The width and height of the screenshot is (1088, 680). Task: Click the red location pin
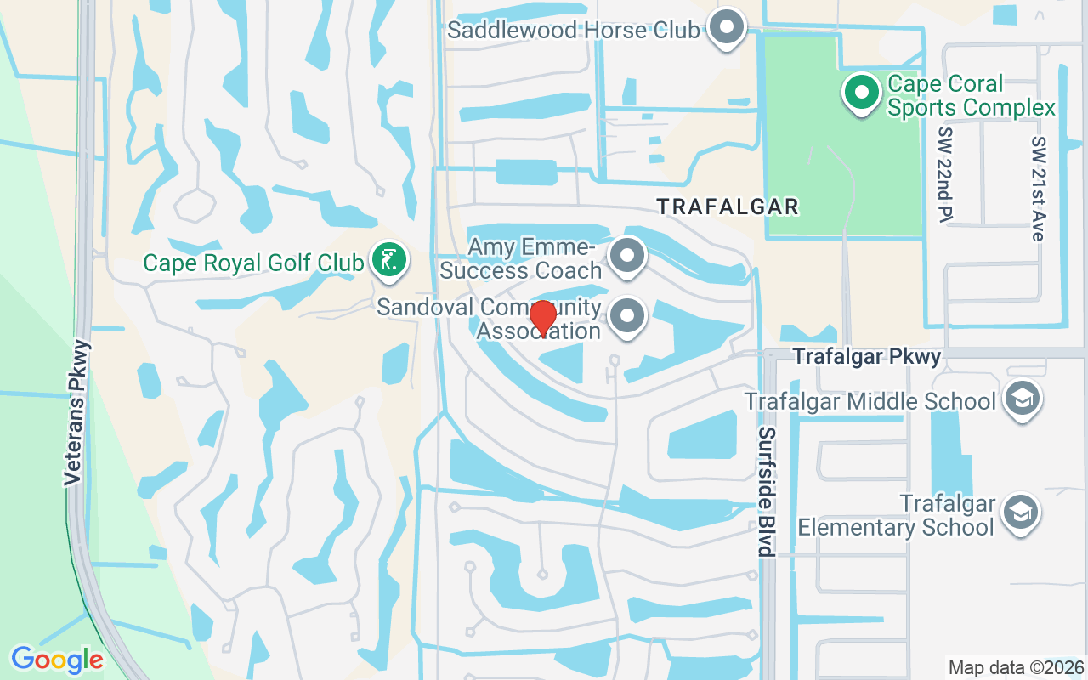[x=542, y=318]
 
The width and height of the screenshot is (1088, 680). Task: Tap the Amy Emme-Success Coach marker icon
[x=628, y=255]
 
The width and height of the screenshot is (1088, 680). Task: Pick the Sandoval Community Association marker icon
[x=628, y=317]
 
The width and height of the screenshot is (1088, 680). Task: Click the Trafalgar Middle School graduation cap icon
[x=1021, y=399]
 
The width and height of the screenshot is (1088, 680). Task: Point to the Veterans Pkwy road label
[x=76, y=412]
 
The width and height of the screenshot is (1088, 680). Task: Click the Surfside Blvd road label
[x=767, y=491]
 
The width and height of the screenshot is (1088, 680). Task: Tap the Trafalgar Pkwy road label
[x=867, y=357]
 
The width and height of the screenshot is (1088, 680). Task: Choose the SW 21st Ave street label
[x=1037, y=189]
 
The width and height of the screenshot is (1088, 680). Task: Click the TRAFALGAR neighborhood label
[x=728, y=207]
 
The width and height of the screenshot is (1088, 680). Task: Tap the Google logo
[x=57, y=660]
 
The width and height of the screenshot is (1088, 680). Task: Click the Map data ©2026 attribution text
[x=1016, y=667]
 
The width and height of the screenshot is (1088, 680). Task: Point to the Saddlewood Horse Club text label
[x=574, y=31]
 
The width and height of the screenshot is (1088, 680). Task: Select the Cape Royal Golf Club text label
[x=253, y=263]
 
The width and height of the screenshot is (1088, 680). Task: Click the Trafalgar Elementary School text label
[x=896, y=515]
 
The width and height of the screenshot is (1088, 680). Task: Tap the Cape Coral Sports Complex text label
[x=971, y=96]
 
